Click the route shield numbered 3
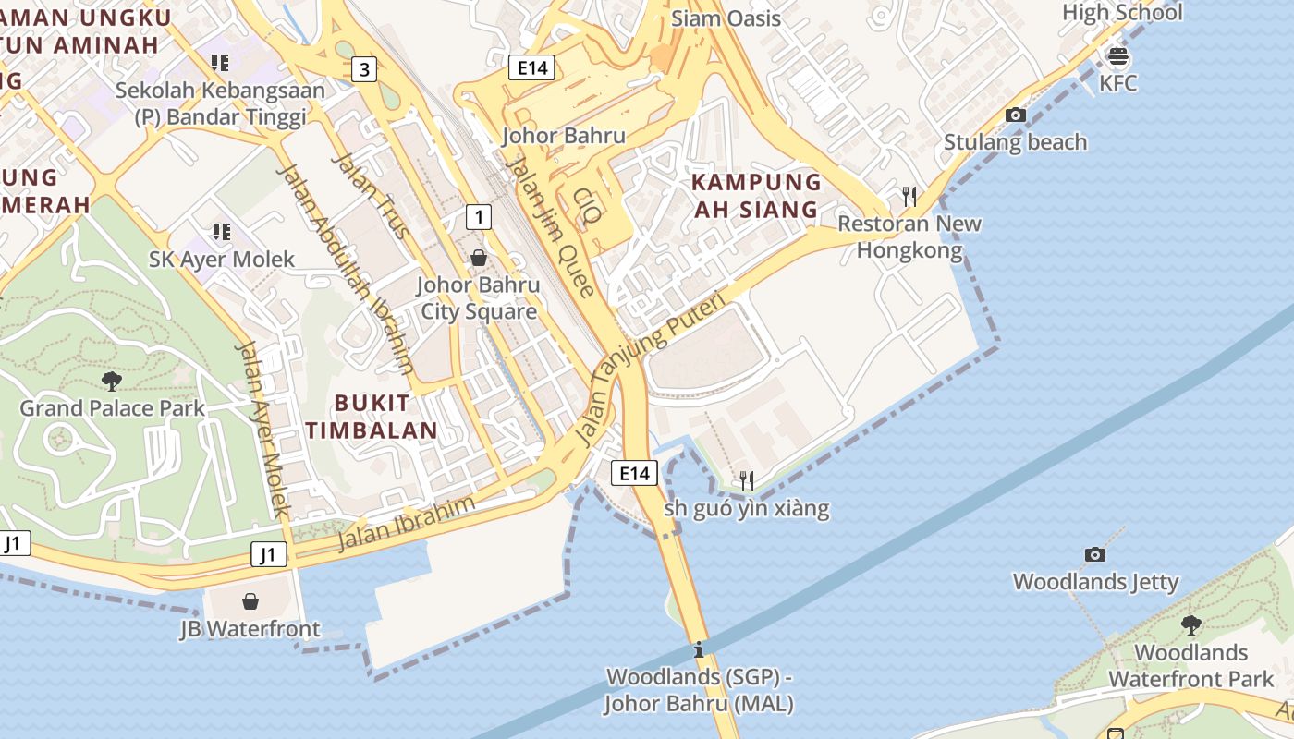365,68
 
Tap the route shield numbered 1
478,217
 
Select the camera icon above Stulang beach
1015,115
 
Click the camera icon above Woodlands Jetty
1095,554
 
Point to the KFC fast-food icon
1117,57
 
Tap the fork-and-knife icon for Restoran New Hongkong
909,196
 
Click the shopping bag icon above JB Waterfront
250,602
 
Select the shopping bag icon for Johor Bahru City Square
479,258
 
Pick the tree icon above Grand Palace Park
112,381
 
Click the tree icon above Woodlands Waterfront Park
1191,625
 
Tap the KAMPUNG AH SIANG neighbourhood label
756,196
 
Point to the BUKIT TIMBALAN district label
372,417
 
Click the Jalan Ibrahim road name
407,523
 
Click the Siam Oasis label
726,18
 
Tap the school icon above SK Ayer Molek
221,231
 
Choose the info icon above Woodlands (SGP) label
699,649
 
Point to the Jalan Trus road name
371,195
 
